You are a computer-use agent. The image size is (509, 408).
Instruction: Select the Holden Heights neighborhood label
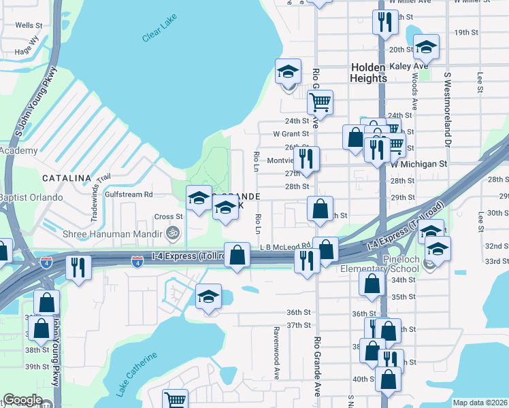click(x=369, y=73)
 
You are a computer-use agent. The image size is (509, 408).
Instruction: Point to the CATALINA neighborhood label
click(x=67, y=178)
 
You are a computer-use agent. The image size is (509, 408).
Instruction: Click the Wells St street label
click(x=29, y=25)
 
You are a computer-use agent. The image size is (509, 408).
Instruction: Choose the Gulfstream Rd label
click(x=129, y=194)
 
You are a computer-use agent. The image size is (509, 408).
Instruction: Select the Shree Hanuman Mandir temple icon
click(x=175, y=233)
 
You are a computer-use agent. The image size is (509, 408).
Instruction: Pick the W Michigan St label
click(x=418, y=165)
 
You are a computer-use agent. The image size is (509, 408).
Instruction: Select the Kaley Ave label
click(x=408, y=66)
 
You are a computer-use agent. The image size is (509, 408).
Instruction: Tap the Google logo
click(x=22, y=400)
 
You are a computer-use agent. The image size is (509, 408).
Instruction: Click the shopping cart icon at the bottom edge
click(x=176, y=400)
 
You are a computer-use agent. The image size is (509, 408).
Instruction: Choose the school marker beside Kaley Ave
click(x=426, y=48)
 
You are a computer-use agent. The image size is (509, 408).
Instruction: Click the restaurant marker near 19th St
click(x=386, y=23)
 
